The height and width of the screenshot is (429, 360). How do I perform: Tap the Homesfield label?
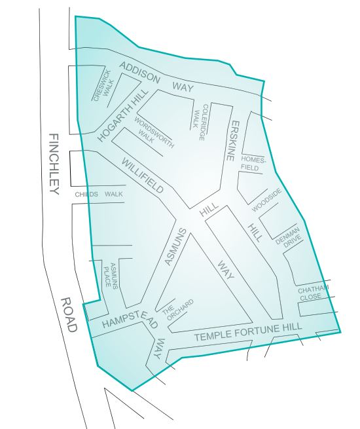tap(252, 163)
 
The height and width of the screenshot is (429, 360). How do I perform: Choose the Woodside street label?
tap(266, 200)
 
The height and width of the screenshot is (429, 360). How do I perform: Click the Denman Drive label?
tap(289, 236)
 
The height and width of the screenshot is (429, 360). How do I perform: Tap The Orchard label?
tap(177, 310)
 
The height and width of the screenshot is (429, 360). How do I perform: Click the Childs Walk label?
tap(99, 195)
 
